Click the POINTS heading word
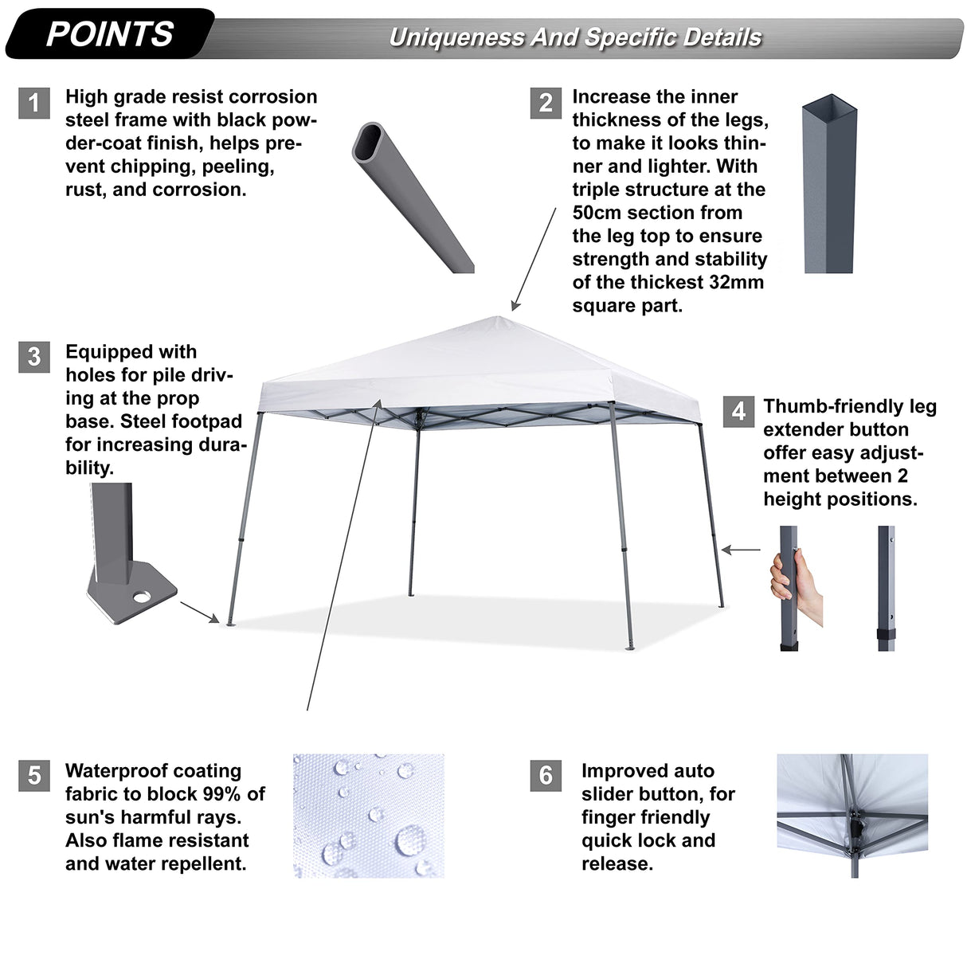pos(110,34)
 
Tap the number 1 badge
pos(34,104)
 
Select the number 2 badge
pos(546,104)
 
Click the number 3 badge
pos(34,357)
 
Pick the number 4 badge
pos(738,411)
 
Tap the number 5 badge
pos(34,775)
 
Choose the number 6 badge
pos(546,775)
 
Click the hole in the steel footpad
pos(144,596)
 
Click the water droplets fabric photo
pos(368,816)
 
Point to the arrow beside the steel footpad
pos(199,612)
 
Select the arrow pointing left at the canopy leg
pos(741,550)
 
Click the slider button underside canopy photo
pos(852,816)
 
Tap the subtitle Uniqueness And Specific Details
pos(575,37)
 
